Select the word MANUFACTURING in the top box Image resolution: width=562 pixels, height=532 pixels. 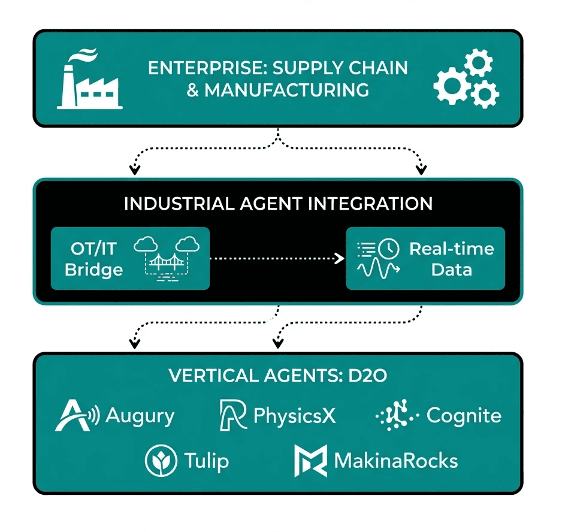[x=286, y=90]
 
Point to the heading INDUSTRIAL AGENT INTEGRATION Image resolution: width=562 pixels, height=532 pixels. [x=278, y=204]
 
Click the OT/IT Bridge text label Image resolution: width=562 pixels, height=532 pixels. [x=93, y=258]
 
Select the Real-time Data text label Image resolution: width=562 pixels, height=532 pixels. [x=451, y=259]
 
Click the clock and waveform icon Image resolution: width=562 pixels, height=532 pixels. [x=377, y=259]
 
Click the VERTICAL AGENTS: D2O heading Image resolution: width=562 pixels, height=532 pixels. [x=278, y=376]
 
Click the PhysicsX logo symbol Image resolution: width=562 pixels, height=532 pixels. [x=233, y=415]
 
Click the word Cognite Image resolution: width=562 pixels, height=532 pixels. [x=463, y=415]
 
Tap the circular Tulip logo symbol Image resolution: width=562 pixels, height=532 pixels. [x=161, y=461]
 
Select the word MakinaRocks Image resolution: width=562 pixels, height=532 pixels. [x=395, y=461]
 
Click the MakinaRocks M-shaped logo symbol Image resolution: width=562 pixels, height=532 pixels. [x=310, y=461]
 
